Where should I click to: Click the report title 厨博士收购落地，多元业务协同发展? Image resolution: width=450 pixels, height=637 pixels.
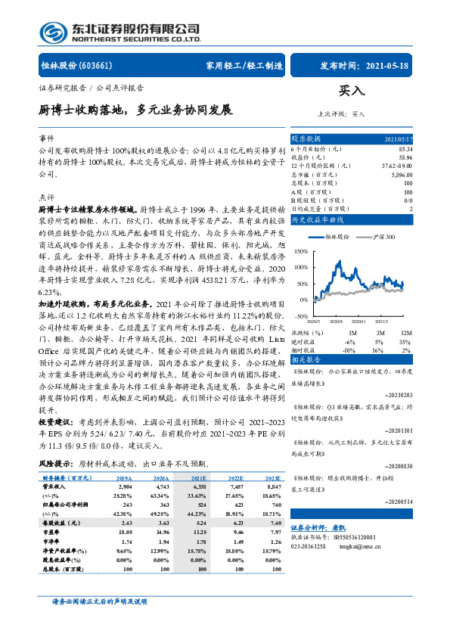(135, 110)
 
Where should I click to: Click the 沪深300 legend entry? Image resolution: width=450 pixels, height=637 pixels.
(385, 237)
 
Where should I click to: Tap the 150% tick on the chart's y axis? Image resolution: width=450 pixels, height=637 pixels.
(301, 250)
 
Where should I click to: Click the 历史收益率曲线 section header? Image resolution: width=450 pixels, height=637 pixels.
(318, 219)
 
